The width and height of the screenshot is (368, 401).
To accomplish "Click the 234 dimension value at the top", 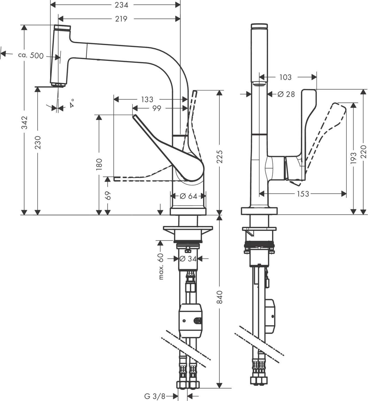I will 121,5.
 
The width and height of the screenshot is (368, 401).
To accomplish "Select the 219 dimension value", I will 121,19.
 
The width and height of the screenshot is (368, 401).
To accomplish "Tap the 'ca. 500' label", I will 31,55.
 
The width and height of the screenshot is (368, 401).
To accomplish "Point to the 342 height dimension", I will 25,123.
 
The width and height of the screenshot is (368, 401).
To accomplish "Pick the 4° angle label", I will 72,105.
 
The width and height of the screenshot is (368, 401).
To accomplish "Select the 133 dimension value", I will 147,99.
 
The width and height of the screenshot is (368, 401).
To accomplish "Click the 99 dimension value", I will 157,108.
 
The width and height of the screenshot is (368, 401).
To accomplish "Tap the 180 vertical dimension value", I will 99,164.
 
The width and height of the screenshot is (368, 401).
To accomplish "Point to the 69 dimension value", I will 108,196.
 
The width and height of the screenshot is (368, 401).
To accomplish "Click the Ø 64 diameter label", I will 188,196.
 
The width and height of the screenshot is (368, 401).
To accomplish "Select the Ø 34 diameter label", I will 188,259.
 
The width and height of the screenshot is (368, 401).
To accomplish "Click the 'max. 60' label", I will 161,267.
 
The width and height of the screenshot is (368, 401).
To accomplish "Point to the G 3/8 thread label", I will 155,396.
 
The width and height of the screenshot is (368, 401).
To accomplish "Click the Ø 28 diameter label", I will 286,94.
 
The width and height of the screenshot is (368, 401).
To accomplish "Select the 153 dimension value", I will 303,194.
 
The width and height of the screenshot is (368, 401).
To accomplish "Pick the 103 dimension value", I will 285,77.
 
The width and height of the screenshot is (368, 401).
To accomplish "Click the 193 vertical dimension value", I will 354,158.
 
